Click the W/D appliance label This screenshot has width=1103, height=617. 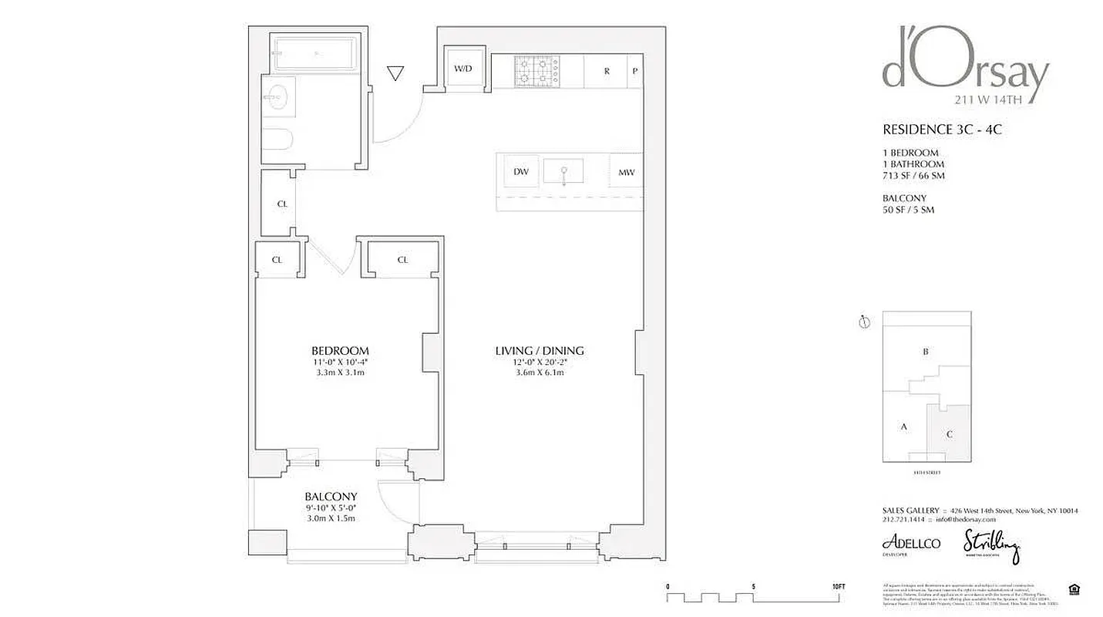click(x=462, y=69)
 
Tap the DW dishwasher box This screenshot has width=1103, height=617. click(x=521, y=172)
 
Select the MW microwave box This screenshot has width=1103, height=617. click(x=626, y=172)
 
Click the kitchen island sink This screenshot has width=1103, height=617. click(x=563, y=170)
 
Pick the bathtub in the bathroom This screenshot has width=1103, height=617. click(x=314, y=53)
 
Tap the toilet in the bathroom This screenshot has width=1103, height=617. click(x=277, y=140)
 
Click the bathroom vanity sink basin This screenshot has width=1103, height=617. click(x=275, y=97)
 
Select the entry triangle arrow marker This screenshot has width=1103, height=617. click(x=395, y=73)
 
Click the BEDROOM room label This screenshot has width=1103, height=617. click(x=340, y=350)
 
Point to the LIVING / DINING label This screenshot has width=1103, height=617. click(x=540, y=351)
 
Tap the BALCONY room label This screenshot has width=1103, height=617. click(x=331, y=497)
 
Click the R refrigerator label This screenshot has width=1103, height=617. click(x=607, y=71)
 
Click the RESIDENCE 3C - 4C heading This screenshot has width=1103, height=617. click(x=941, y=130)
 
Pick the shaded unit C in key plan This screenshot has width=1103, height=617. click(x=950, y=433)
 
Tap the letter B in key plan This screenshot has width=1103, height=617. click(x=926, y=352)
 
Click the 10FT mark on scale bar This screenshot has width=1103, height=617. click(x=838, y=586)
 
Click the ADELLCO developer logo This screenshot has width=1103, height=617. click(x=911, y=543)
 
